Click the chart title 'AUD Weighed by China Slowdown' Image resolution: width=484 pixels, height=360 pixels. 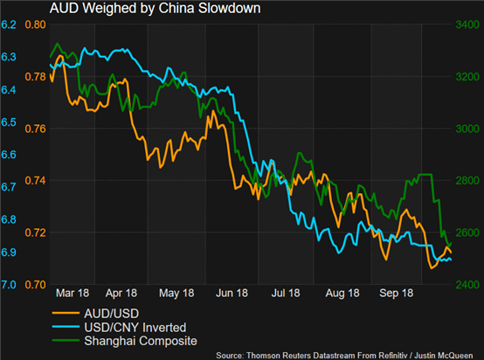(x=155, y=9)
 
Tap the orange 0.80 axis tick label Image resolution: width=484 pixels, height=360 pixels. (x=35, y=24)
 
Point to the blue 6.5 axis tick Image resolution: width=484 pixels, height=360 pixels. (x=9, y=122)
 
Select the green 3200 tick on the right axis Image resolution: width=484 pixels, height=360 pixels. (x=467, y=77)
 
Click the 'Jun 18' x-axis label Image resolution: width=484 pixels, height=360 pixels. (x=232, y=293)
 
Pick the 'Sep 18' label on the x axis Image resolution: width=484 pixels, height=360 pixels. (x=396, y=293)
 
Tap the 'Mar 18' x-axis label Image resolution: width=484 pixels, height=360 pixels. (x=73, y=293)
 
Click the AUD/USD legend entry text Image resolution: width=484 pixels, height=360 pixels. (x=112, y=314)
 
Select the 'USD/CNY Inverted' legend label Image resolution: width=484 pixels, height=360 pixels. (x=135, y=328)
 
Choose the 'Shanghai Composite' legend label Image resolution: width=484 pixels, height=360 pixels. (x=141, y=341)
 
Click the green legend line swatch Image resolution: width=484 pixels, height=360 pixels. (x=66, y=340)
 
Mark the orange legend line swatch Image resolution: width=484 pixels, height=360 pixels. (x=66, y=313)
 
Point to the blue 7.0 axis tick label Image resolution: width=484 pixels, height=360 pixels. (x=9, y=285)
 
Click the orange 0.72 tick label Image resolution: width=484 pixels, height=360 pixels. (x=35, y=232)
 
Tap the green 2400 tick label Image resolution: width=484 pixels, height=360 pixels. (x=467, y=285)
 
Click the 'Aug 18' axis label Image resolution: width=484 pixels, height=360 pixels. (x=342, y=293)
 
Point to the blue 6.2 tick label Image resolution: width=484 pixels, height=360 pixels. (x=9, y=24)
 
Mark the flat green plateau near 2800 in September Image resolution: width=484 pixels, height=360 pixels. (x=425, y=175)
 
